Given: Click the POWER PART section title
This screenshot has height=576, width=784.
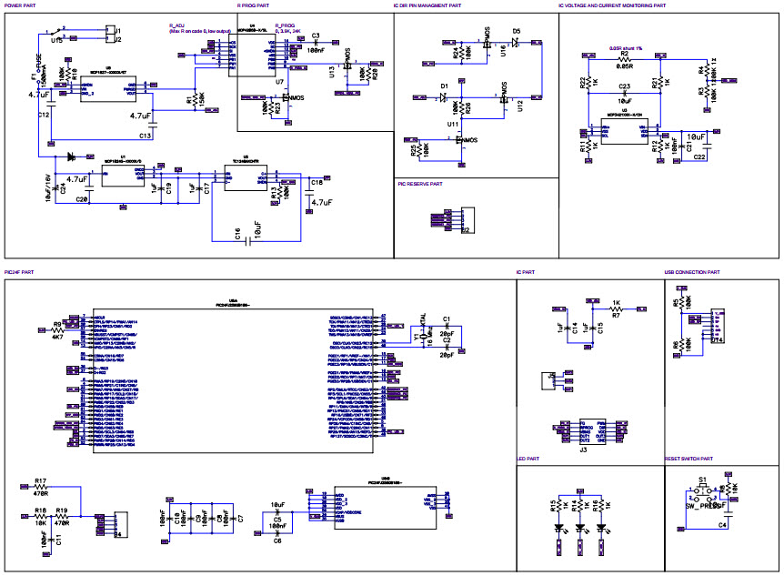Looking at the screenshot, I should point(21,5).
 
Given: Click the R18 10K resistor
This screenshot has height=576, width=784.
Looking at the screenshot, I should point(40,517).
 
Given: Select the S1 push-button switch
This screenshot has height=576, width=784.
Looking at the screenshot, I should point(703,492).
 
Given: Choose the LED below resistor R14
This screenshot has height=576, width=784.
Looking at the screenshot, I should point(579,527).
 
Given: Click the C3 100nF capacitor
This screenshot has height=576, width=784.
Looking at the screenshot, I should point(316,43).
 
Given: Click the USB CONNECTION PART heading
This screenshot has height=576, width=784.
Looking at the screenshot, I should point(691,272).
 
